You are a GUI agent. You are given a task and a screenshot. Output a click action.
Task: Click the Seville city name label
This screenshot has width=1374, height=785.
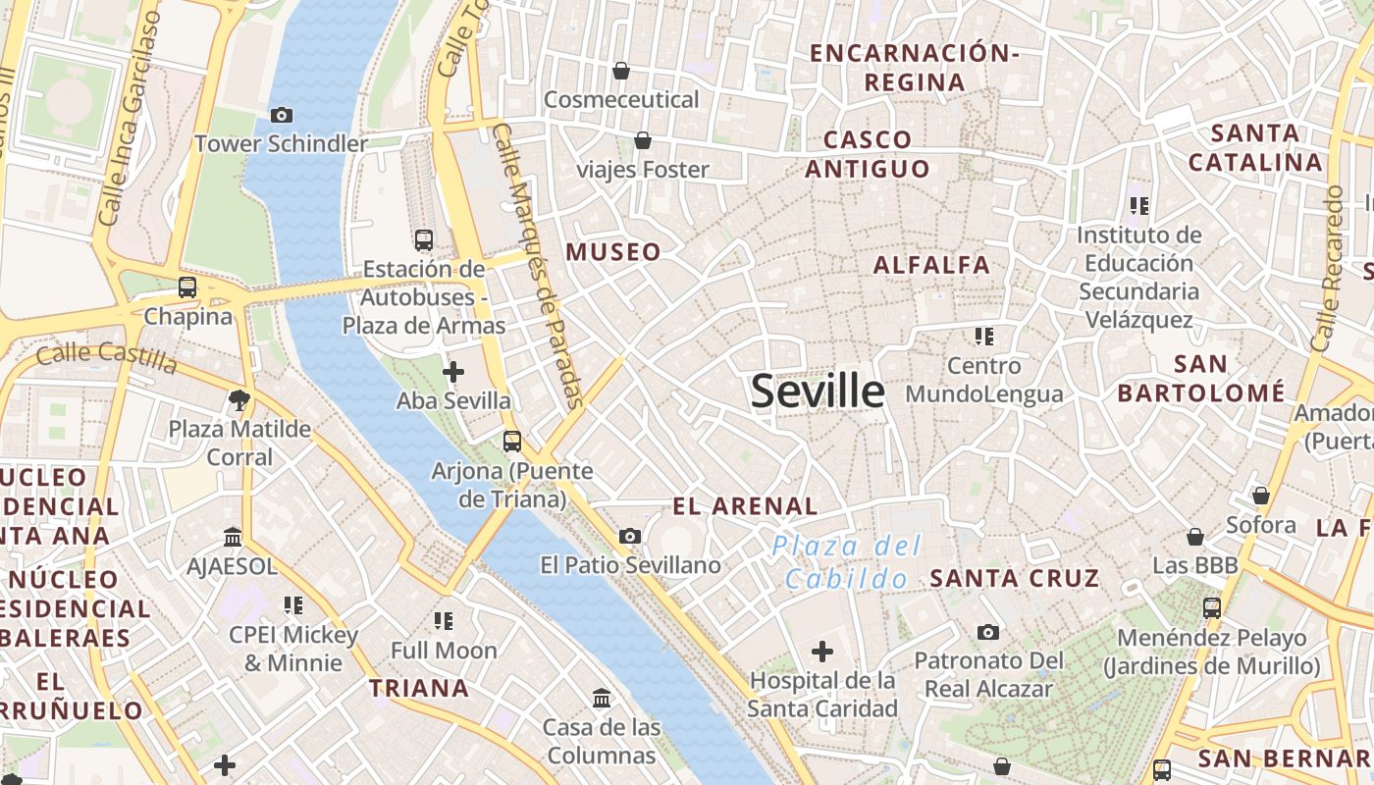click(x=818, y=391)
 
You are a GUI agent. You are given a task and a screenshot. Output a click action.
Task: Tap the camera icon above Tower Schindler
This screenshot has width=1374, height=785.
click(x=281, y=116)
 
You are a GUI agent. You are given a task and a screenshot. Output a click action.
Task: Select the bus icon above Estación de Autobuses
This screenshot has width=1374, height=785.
click(x=424, y=239)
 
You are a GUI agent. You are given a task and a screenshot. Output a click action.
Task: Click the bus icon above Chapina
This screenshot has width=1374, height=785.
click(x=187, y=288)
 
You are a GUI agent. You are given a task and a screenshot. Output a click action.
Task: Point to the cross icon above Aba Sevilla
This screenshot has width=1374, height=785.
click(x=453, y=372)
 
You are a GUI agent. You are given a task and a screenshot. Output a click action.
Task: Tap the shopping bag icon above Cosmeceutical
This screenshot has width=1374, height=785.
click(x=621, y=71)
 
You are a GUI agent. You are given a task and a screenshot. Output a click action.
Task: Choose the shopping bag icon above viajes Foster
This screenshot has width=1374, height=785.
click(x=643, y=141)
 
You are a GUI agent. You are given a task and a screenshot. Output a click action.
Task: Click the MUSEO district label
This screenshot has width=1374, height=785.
click(x=613, y=252)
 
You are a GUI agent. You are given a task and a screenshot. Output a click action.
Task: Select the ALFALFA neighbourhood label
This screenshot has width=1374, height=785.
click(x=931, y=264)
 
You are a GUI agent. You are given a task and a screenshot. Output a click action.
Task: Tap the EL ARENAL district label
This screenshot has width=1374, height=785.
click(x=745, y=506)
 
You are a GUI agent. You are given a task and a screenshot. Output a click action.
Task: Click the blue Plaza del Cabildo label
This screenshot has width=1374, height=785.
click(x=846, y=561)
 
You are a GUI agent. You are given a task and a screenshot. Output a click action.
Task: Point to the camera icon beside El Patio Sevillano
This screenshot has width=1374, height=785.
click(x=630, y=536)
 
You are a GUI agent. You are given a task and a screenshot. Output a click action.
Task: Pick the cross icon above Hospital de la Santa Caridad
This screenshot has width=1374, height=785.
click(x=822, y=651)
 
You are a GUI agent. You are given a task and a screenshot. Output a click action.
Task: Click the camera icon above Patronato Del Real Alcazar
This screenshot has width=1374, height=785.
click(x=988, y=632)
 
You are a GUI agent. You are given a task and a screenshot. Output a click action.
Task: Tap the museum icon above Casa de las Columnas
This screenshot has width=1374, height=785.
click(x=602, y=698)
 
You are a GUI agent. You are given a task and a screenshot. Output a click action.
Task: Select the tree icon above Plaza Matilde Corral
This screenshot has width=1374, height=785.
click(x=238, y=399)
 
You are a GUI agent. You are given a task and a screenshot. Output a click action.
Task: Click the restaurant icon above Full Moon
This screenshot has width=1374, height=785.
click(x=444, y=621)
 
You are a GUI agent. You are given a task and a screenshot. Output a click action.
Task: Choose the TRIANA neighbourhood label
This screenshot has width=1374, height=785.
click(x=419, y=688)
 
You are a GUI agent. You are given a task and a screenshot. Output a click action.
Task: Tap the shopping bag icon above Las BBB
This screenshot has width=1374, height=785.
click(x=1195, y=537)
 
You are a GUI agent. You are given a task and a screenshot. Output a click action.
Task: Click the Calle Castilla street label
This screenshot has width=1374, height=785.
click(x=106, y=357)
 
